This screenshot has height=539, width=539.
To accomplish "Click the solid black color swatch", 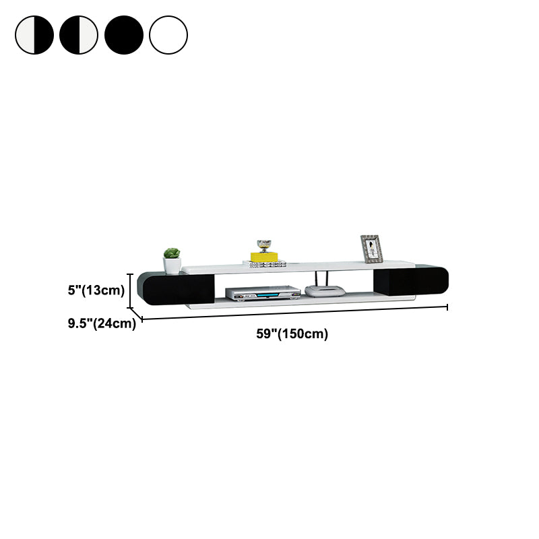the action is pyautogui.click(x=124, y=35).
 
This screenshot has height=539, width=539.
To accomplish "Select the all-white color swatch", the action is pyautogui.click(x=168, y=35).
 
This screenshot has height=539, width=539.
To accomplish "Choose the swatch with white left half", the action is pyautogui.click(x=34, y=35).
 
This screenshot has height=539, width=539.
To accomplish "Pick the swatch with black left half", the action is pyautogui.click(x=79, y=35).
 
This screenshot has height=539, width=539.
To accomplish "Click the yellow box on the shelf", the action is pyautogui.click(x=264, y=257).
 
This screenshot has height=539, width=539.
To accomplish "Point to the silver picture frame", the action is pyautogui.click(x=371, y=249).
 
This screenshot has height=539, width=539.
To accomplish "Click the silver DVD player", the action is pyautogui.click(x=263, y=293).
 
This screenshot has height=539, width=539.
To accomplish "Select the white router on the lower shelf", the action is pyautogui.click(x=325, y=291).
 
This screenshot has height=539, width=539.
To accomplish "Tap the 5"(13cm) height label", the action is pyautogui.click(x=96, y=290).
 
